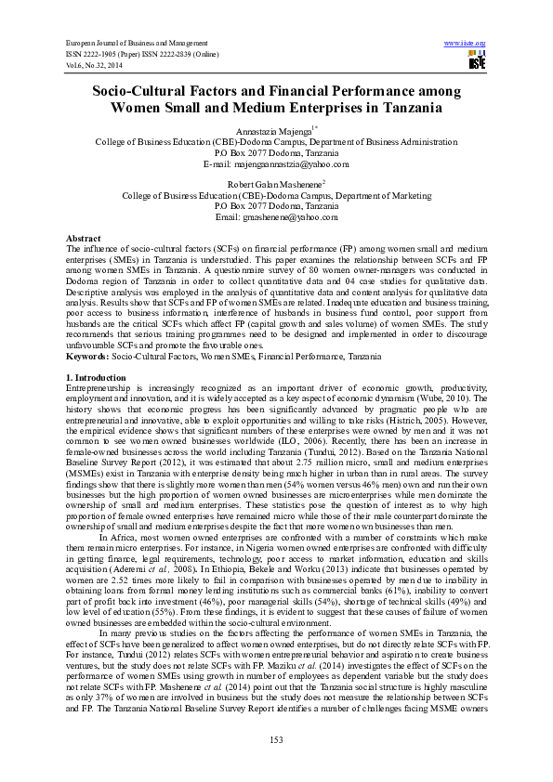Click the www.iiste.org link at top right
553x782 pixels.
[x=465, y=44]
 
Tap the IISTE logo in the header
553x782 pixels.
[x=477, y=61]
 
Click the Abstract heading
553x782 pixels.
[x=85, y=239]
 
